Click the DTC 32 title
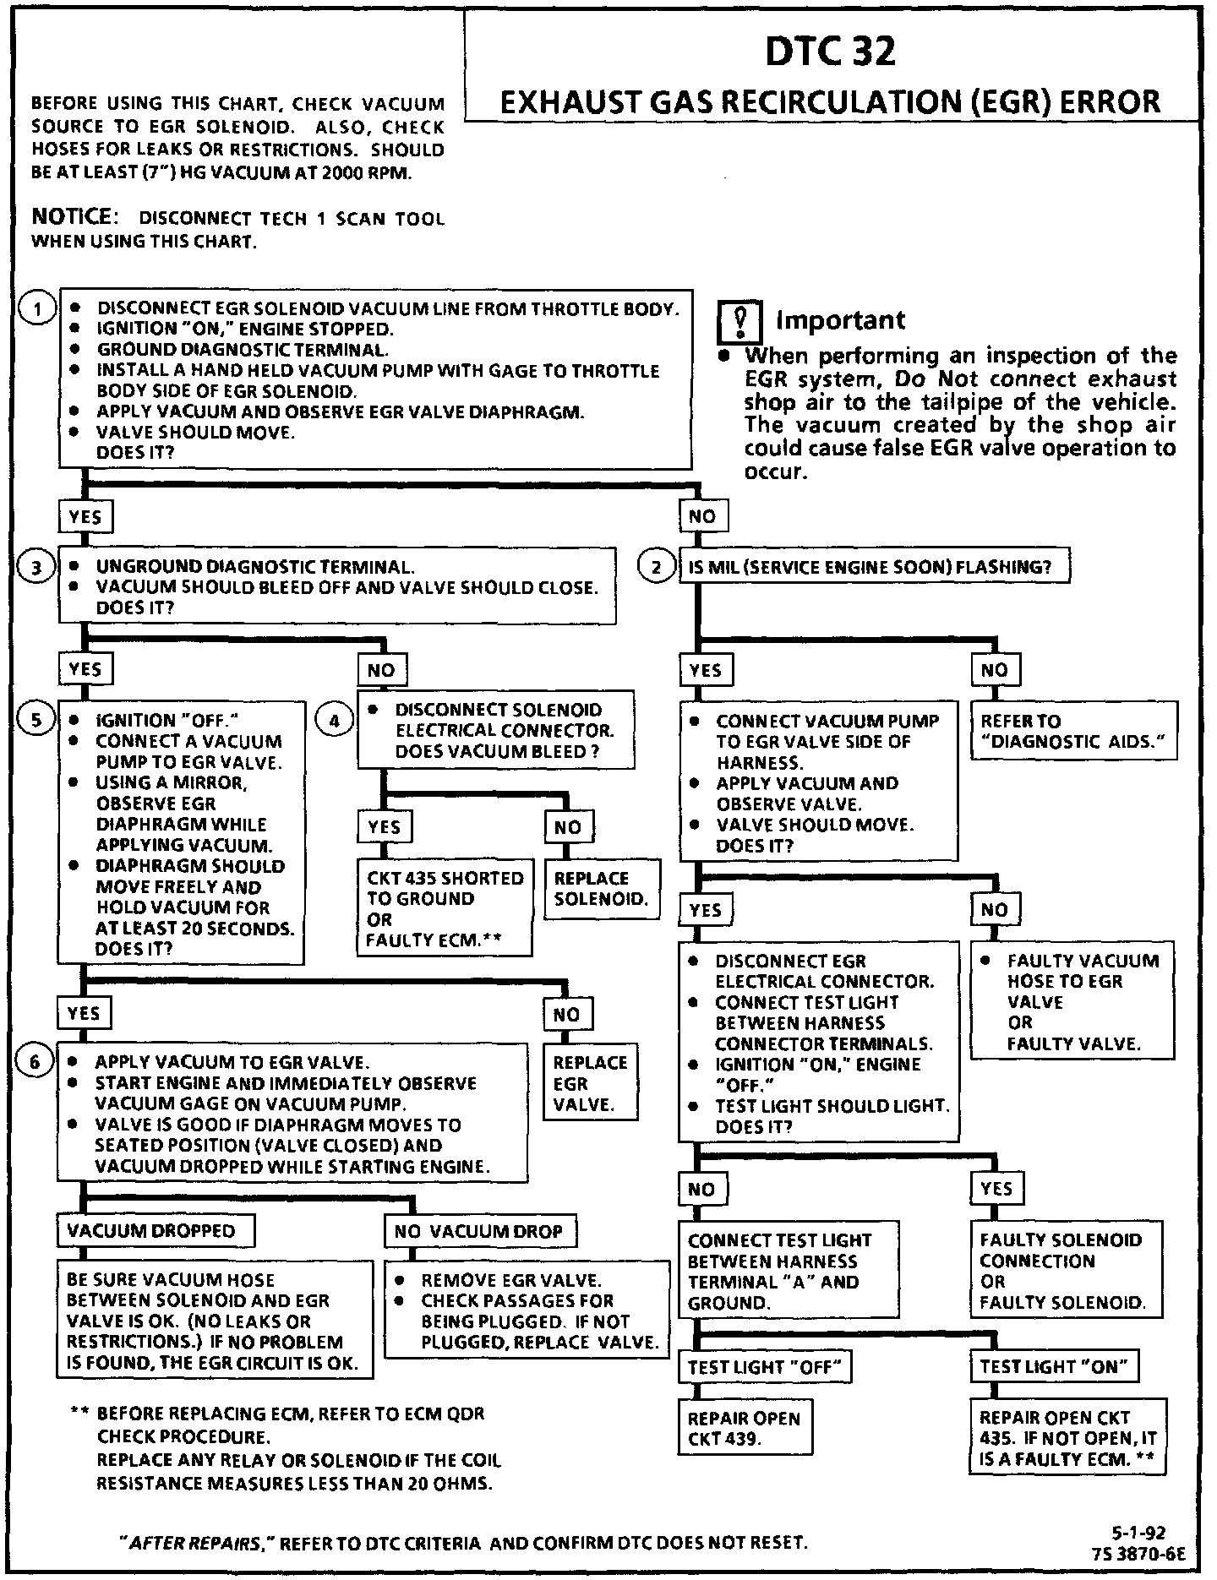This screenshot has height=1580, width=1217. pyautogui.click(x=830, y=52)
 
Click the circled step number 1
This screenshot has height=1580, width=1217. pyautogui.click(x=37, y=310)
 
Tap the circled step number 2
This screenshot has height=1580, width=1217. pyautogui.click(x=657, y=567)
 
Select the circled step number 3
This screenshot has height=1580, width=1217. pyautogui.click(x=37, y=568)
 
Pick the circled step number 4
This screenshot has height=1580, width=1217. pyautogui.click(x=335, y=721)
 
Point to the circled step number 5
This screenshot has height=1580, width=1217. pyautogui.click(x=37, y=720)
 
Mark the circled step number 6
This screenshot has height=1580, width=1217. pyautogui.click(x=35, y=1062)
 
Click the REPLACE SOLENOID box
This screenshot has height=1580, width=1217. pyautogui.click(x=601, y=890)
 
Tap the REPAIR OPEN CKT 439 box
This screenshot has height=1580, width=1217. pyautogui.click(x=744, y=1429)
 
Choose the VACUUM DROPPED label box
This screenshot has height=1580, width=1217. pyautogui.click(x=155, y=1231)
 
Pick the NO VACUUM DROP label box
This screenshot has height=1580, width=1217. pyautogui.click(x=479, y=1231)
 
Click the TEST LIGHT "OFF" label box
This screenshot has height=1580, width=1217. pyautogui.click(x=764, y=1366)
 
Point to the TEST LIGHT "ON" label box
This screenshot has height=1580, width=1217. pyautogui.click(x=1054, y=1366)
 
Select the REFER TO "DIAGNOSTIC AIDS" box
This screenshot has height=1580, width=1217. pyautogui.click(x=1072, y=731)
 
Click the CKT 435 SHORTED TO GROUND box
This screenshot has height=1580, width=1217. pyautogui.click(x=445, y=909)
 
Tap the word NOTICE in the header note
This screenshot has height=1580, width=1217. pyautogui.click(x=71, y=217)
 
